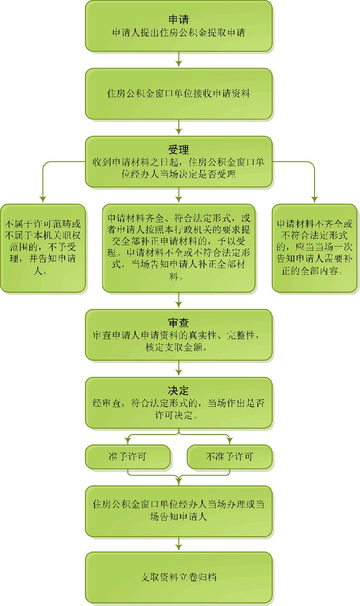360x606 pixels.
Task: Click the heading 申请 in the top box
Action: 179,20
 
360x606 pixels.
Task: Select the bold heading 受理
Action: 179,149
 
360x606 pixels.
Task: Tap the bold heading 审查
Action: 179,323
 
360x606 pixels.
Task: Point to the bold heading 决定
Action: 179,391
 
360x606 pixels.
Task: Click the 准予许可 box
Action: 128,457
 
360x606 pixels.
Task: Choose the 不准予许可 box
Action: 229,457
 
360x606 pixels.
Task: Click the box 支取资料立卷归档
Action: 179,577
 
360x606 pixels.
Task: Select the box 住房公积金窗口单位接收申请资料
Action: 179,94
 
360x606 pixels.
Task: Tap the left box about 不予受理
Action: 43,248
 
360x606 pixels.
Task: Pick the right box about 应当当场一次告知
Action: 315,248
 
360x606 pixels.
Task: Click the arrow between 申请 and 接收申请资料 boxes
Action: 179,59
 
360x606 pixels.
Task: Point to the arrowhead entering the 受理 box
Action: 179,131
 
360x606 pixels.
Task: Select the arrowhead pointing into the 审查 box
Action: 179,305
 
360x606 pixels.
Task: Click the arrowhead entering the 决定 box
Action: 179,373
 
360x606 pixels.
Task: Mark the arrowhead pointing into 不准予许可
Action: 229,440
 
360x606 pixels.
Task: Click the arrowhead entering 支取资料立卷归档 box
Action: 179,548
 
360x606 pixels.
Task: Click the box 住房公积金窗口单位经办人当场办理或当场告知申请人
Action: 179,510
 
